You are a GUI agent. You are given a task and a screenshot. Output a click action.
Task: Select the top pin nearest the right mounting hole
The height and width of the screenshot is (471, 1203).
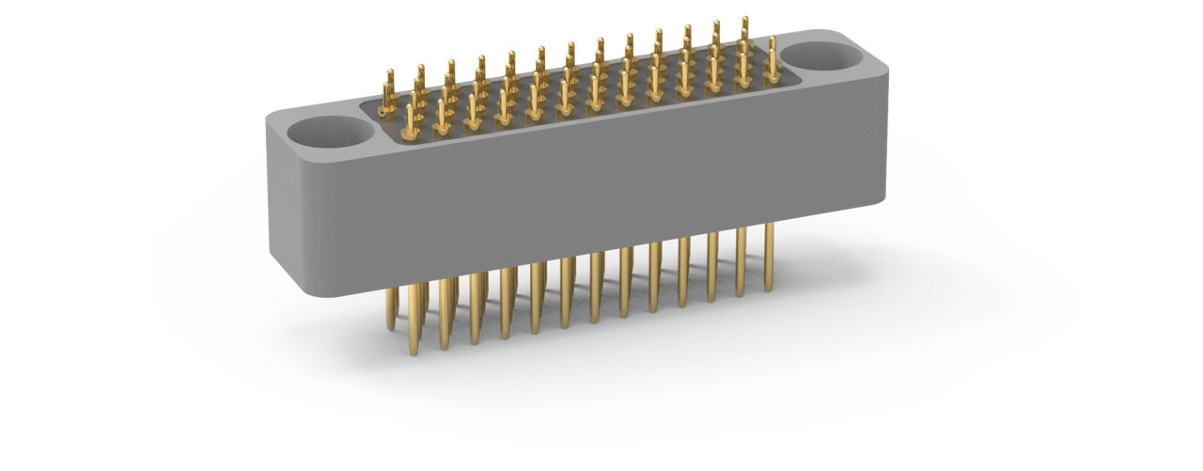click(x=773, y=60)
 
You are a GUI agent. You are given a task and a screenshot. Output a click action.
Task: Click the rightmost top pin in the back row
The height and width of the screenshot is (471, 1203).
click(x=745, y=33)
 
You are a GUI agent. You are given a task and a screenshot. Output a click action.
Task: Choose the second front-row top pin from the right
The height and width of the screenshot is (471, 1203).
click(x=742, y=68)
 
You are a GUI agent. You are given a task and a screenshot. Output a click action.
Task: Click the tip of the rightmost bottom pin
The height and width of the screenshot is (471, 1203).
click(x=768, y=287)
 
